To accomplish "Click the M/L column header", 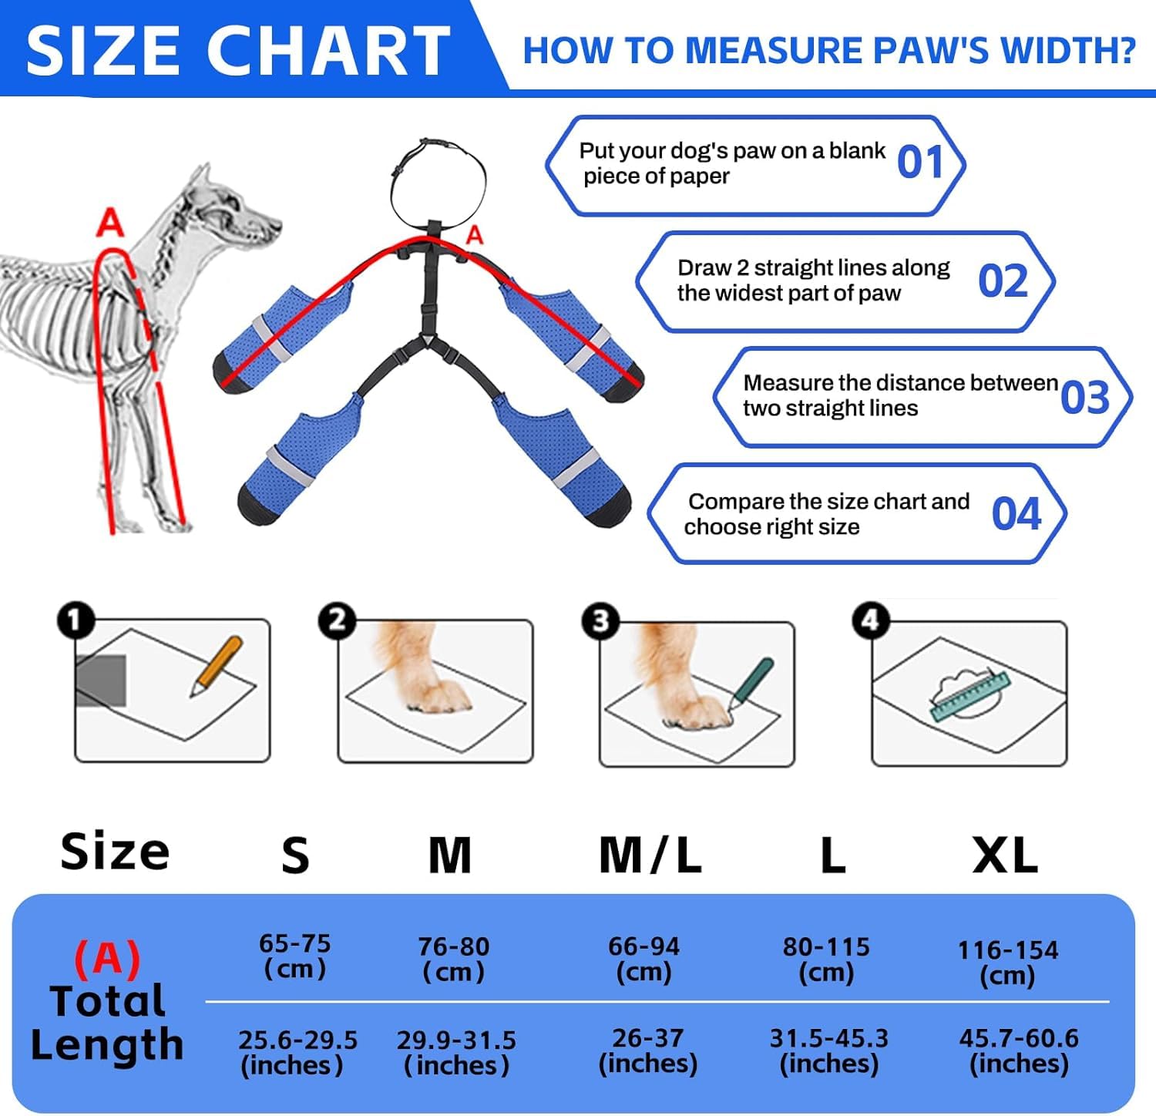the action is [650, 855].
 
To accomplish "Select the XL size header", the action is [1005, 855].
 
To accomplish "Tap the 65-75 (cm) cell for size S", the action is [295, 956].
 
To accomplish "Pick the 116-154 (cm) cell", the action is [1008, 963].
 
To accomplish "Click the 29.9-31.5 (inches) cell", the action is [456, 1053].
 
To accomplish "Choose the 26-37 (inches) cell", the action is [648, 1050].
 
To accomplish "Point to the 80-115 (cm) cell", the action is [826, 960].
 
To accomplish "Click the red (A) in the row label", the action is [107, 958].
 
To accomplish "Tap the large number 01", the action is [921, 162].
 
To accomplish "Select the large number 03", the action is [1085, 398].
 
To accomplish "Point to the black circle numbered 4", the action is [870, 620].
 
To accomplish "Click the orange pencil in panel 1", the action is [217, 666].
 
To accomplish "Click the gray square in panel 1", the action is [101, 681].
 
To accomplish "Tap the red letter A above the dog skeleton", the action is [109, 223].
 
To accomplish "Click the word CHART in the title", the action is [328, 51].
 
